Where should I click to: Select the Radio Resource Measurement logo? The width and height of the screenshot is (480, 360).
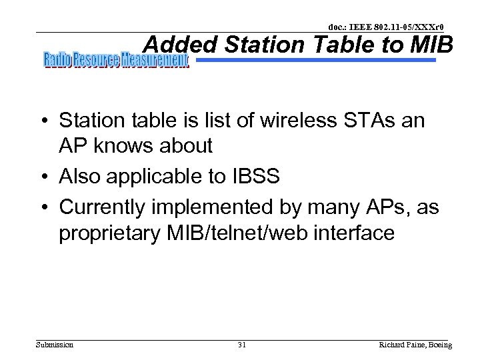117,61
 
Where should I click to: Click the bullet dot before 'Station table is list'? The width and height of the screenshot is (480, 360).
45,121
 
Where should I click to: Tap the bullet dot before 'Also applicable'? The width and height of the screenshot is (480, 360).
45,177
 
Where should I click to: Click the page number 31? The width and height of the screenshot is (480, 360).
241,345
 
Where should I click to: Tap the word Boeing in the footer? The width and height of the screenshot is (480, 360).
439,345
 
